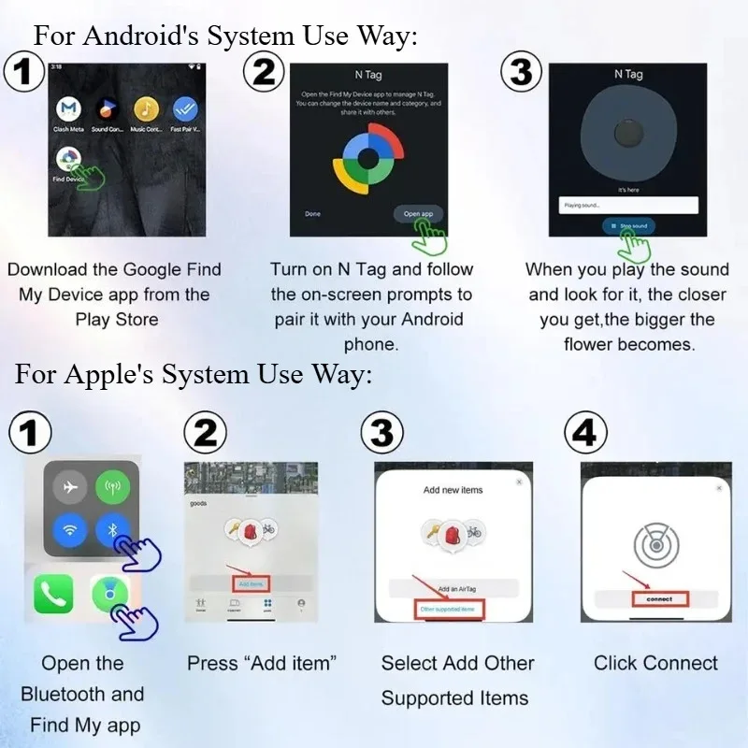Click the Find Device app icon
pos(69,158)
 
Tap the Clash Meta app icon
pos(69,110)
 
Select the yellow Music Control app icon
pos(146,110)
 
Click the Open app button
pos(418,214)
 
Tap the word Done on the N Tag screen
pos(312,214)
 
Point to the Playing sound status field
pos(626,204)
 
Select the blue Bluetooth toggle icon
pos(113,531)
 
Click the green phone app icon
pos(54,595)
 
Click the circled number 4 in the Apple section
pos(586,433)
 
